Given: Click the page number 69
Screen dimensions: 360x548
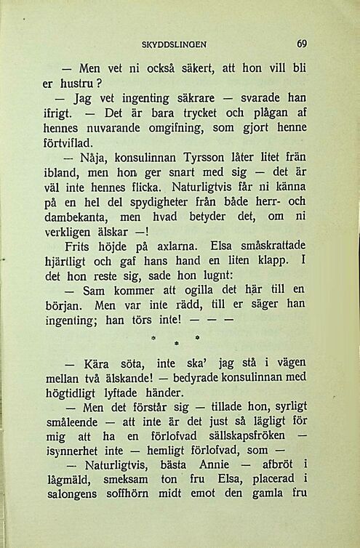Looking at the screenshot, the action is click(x=302, y=43).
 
